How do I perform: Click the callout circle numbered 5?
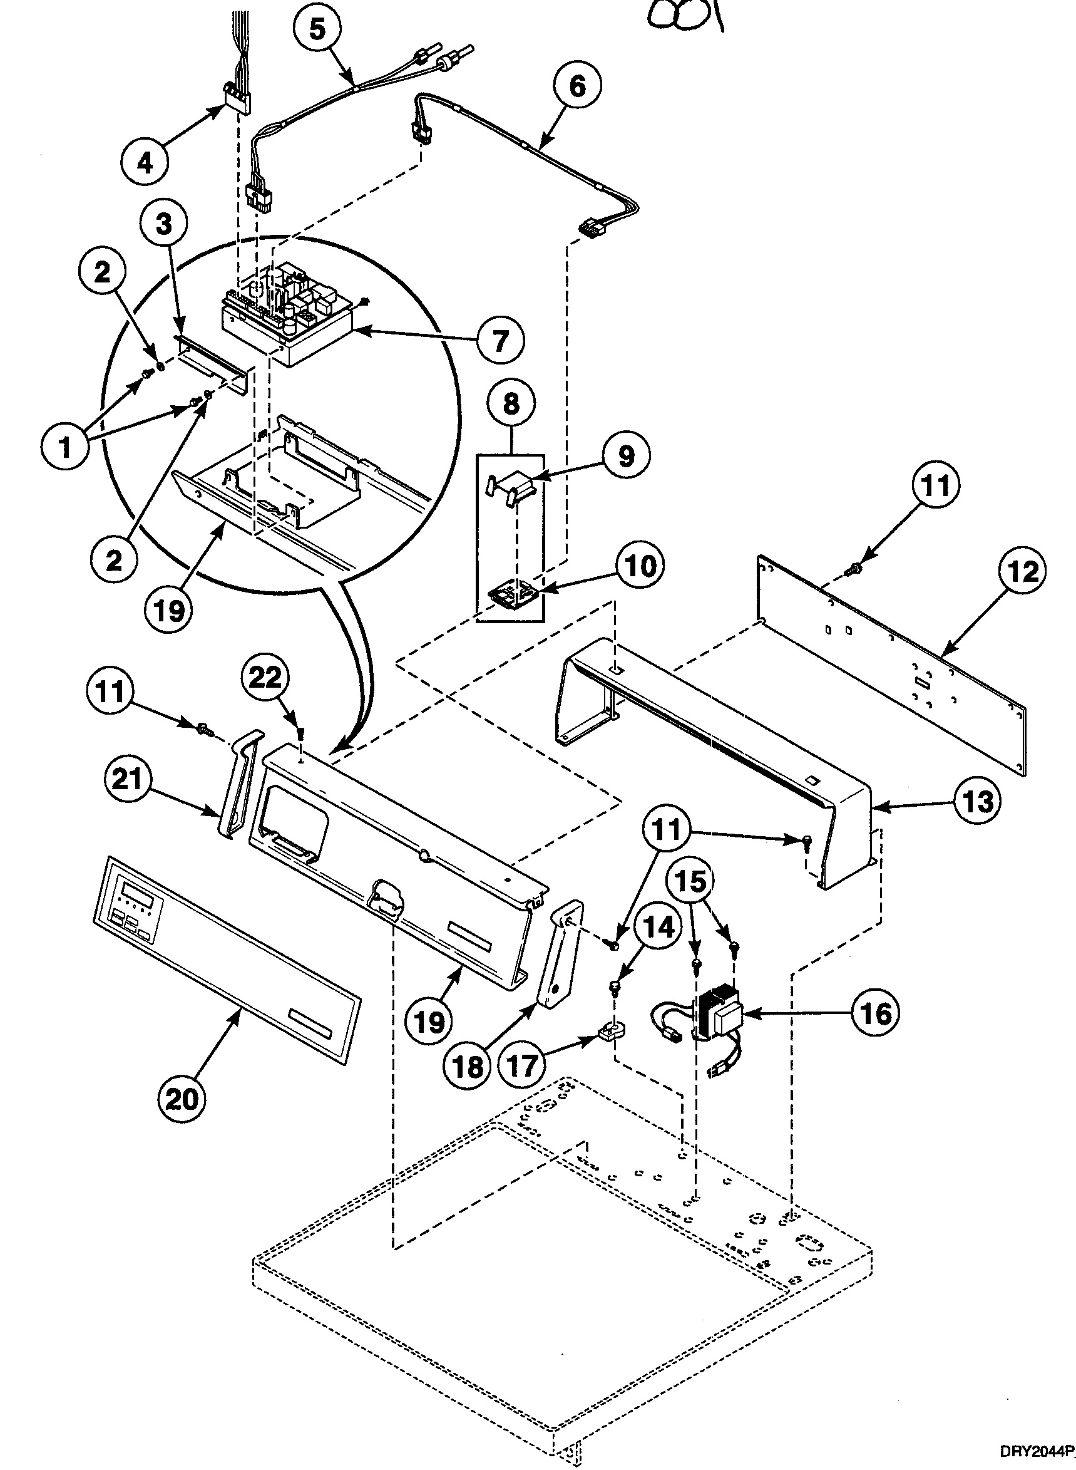point(317,30)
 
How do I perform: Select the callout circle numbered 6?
point(578,86)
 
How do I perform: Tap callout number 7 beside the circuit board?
point(500,339)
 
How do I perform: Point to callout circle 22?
point(266,678)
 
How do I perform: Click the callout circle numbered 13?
point(979,801)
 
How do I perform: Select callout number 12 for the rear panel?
point(1023,572)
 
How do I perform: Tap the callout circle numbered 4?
point(145,161)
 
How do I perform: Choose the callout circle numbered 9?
point(626,457)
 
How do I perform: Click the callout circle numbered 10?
point(641,566)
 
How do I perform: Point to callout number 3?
point(163,224)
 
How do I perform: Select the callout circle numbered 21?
point(127,779)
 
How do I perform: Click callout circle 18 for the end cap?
point(468,1067)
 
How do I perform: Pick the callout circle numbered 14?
point(660,926)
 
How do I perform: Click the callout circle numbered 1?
point(64,449)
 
